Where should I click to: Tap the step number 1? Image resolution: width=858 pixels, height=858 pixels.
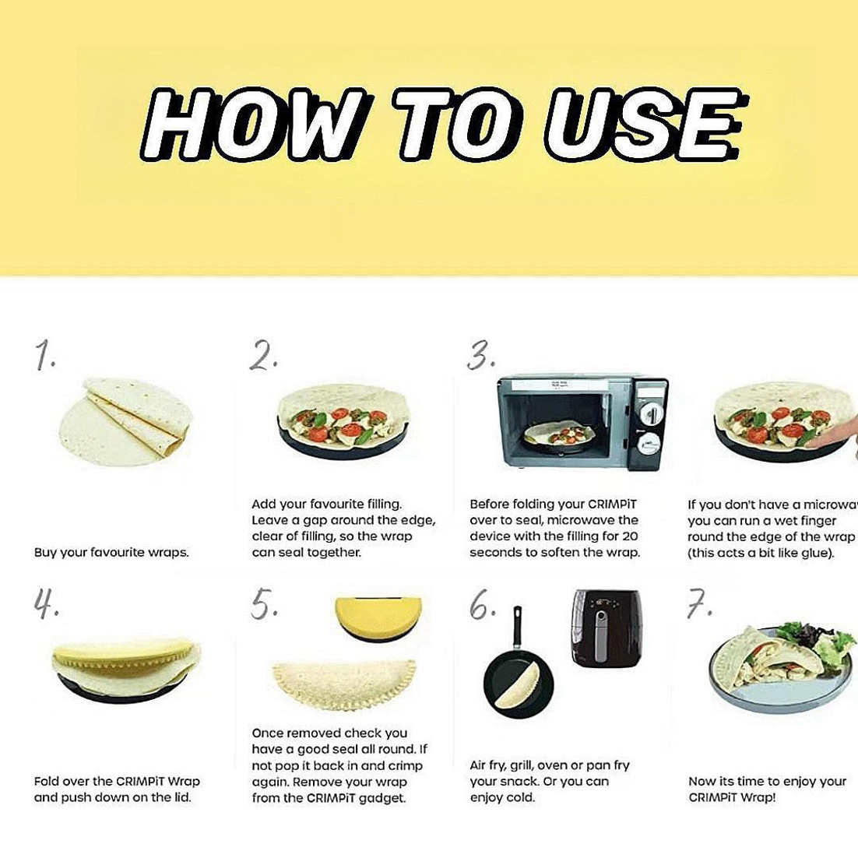point(45,357)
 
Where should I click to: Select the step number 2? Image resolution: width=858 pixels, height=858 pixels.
point(264,357)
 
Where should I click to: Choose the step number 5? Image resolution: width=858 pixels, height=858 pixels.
point(263,605)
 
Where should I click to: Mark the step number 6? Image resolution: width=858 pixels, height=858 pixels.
point(481,605)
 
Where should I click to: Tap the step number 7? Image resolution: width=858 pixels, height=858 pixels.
point(699,605)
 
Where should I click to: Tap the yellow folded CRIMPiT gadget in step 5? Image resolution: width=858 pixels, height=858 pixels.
point(378,615)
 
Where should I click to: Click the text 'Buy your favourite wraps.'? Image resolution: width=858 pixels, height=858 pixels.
point(111,553)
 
